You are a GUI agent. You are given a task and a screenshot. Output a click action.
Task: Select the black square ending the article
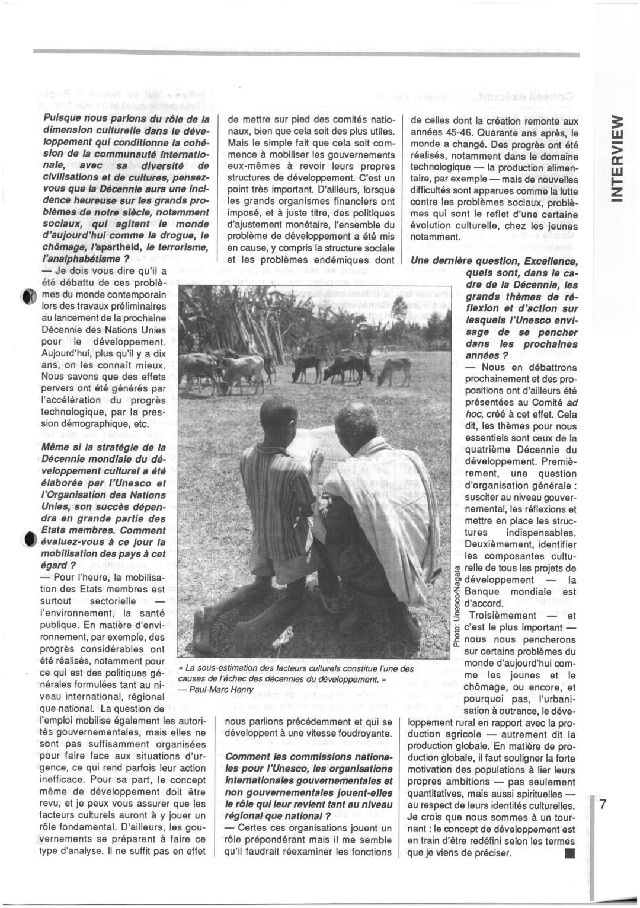tap(569, 854)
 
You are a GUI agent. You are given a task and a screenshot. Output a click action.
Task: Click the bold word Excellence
tap(545, 261)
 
